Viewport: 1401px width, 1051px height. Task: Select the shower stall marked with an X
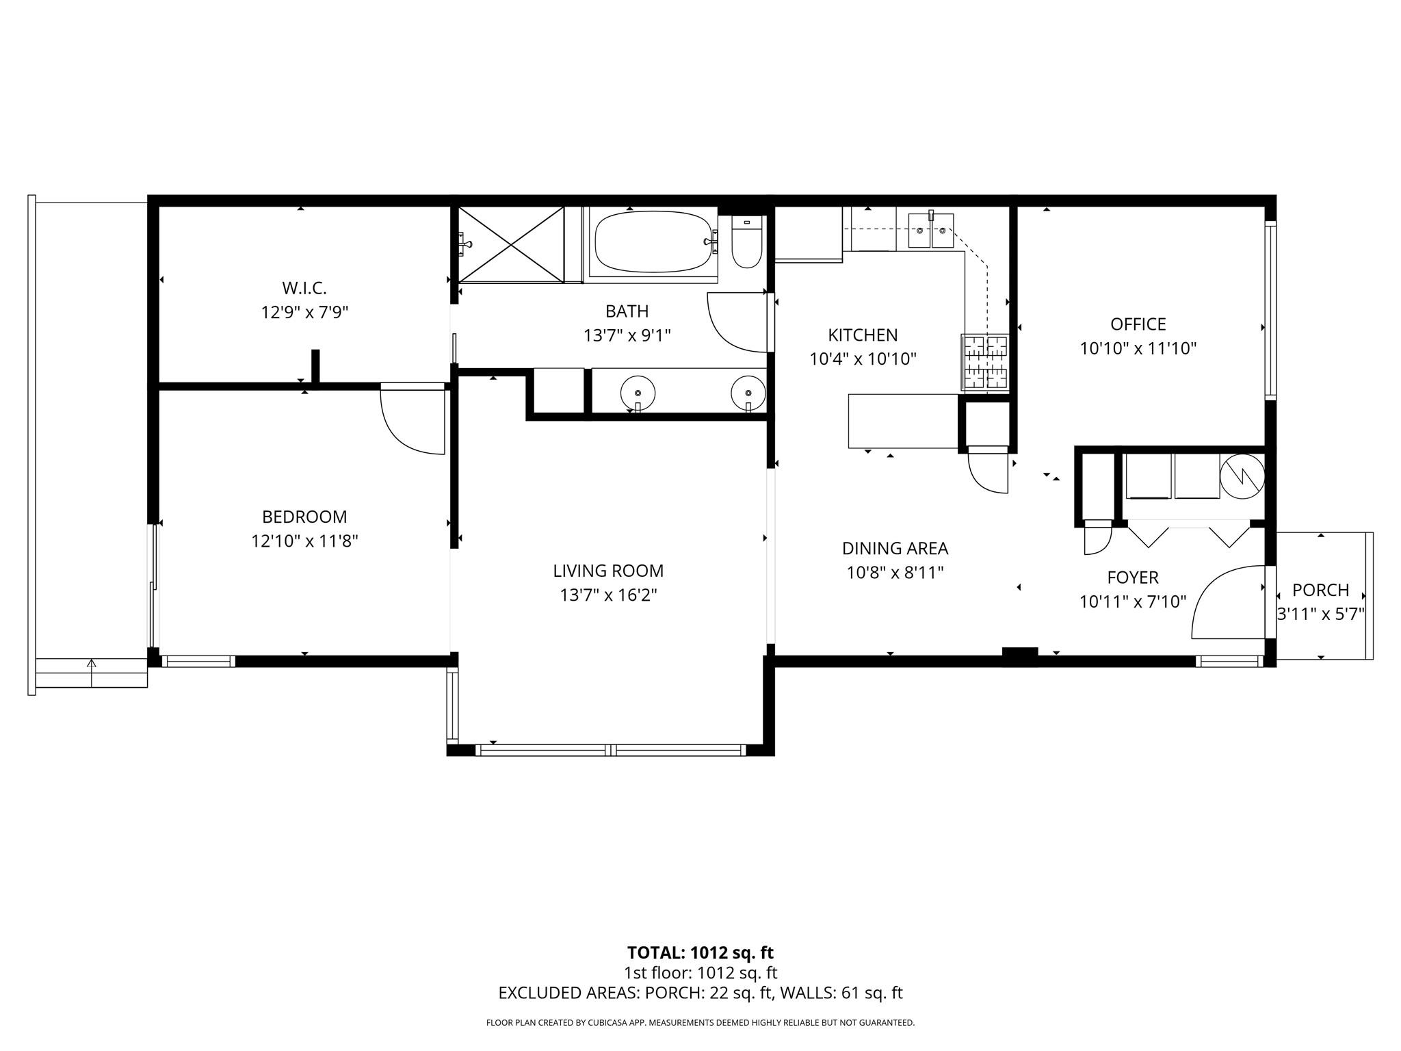point(511,244)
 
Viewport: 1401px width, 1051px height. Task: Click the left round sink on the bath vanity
point(638,393)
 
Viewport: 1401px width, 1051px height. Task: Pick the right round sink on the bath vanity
point(748,393)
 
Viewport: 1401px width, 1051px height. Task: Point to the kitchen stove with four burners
point(985,362)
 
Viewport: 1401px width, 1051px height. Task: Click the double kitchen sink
point(930,231)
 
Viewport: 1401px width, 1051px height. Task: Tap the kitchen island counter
point(903,421)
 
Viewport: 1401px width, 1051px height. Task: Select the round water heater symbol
point(1242,476)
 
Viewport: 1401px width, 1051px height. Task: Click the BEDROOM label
point(304,517)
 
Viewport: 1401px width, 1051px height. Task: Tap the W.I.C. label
point(304,288)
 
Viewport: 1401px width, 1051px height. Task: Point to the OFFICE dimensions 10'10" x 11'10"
point(1138,348)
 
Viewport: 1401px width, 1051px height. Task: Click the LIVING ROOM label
point(608,571)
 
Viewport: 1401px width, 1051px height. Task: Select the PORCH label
point(1321,590)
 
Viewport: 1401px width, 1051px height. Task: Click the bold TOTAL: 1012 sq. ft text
point(700,952)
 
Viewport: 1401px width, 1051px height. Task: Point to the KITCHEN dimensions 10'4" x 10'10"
point(863,359)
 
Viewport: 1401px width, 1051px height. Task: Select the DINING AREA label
point(895,548)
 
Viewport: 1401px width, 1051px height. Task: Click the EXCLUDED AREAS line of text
point(700,993)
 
